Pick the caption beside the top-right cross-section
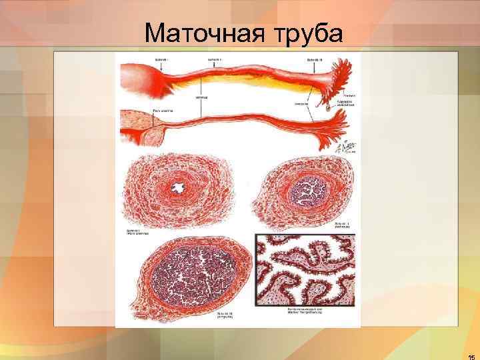pos(344,224)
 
